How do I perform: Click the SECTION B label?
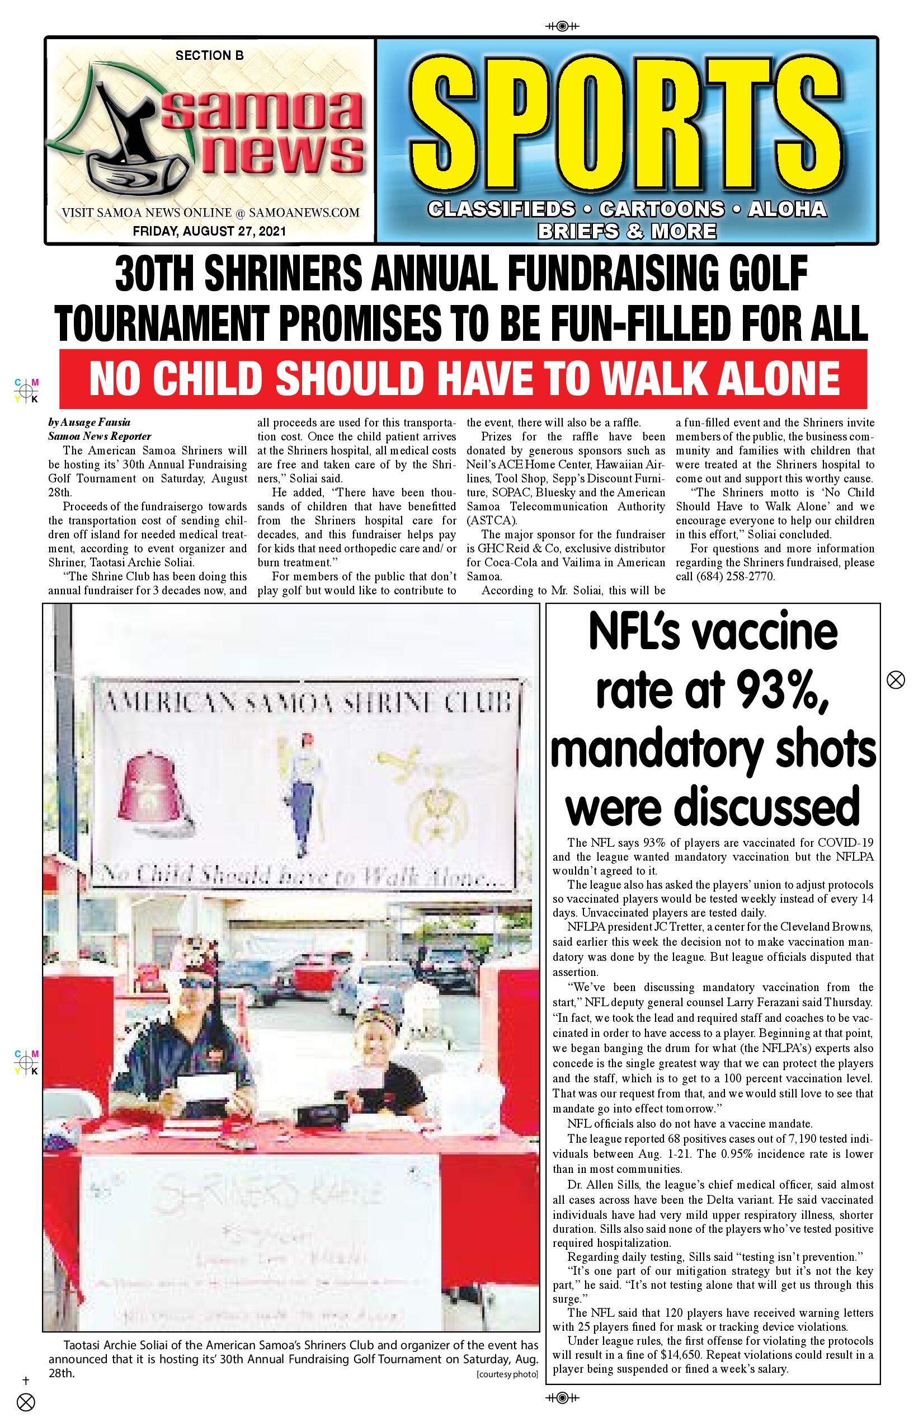point(209,56)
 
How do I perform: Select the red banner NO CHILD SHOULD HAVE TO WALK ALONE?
point(463,379)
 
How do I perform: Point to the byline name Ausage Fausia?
point(95,422)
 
